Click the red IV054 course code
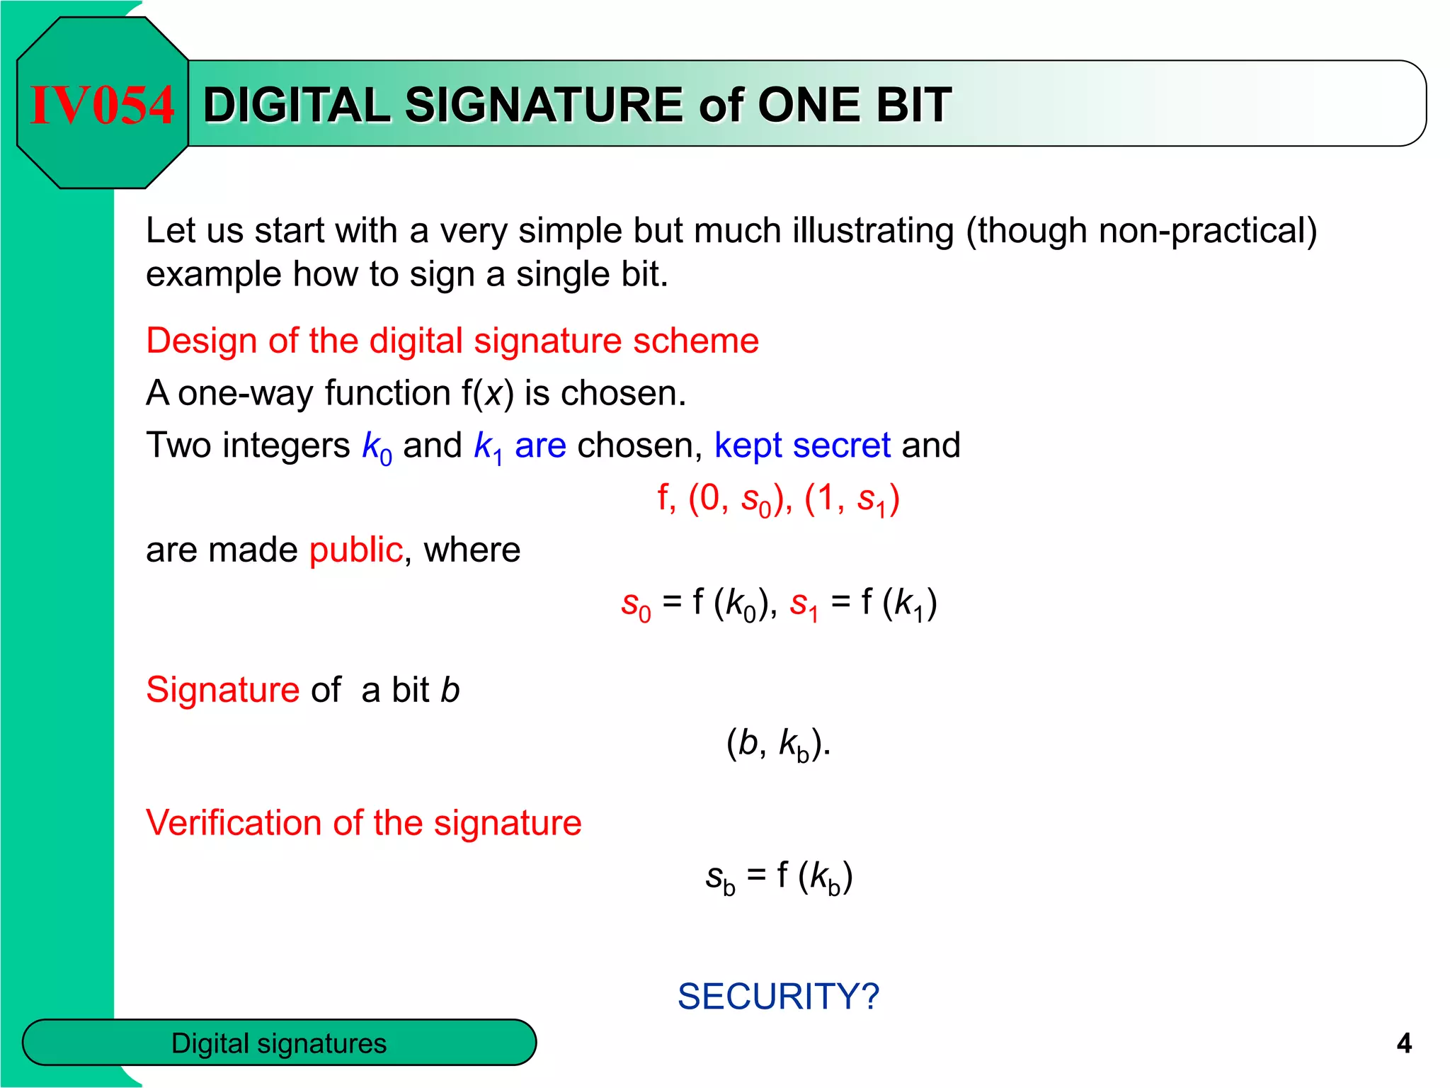click(102, 106)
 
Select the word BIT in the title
click(913, 106)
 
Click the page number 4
click(1404, 1043)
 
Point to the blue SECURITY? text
click(778, 997)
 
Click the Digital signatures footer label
click(279, 1043)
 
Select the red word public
click(356, 550)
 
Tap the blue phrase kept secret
click(802, 446)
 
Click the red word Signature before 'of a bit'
click(223, 690)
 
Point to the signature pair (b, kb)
click(778, 744)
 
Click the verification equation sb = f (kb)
click(779, 876)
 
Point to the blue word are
click(540, 446)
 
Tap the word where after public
click(472, 550)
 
